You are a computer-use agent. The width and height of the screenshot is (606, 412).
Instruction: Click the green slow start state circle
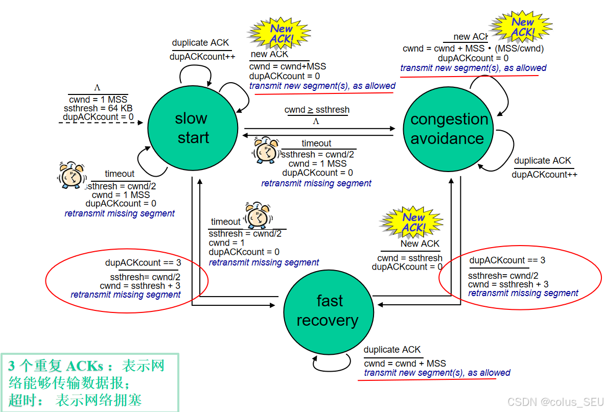(193, 128)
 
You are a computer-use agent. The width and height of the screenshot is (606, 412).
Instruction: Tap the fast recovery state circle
(328, 310)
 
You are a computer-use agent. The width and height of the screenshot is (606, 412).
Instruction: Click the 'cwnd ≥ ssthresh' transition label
(317, 110)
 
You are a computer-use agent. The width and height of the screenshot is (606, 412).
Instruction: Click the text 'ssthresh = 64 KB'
(98, 108)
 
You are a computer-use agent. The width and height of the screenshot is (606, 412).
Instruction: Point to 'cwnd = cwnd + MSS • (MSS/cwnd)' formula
(473, 49)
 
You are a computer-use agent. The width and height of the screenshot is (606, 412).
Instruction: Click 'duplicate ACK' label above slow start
(200, 43)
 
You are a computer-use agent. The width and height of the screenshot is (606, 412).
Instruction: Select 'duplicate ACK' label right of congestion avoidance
(542, 161)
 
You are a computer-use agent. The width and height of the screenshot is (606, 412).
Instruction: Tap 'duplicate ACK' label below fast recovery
(392, 350)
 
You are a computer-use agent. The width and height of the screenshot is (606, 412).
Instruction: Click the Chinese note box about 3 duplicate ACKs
(89, 382)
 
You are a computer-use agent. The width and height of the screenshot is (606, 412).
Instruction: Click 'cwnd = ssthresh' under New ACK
(410, 258)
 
